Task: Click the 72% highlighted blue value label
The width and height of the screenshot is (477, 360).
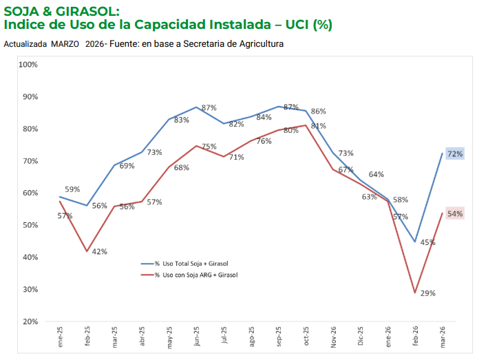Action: pyautogui.click(x=455, y=153)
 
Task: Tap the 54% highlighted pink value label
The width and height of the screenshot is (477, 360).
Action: pyautogui.click(x=455, y=213)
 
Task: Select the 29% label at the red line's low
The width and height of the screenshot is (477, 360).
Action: pyautogui.click(x=428, y=293)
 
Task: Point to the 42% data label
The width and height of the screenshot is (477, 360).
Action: pyautogui.click(x=100, y=252)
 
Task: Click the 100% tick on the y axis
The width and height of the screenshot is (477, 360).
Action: pyautogui.click(x=28, y=65)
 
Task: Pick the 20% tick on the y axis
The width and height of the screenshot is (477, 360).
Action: pyautogui.click(x=30, y=321)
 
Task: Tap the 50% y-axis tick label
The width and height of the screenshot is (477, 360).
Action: pyautogui.click(x=30, y=225)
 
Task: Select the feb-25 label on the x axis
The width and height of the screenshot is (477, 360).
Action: pyautogui.click(x=87, y=336)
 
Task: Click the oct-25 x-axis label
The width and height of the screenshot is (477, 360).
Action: pyautogui.click(x=306, y=336)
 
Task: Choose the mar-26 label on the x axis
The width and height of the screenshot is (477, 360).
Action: pyautogui.click(x=443, y=337)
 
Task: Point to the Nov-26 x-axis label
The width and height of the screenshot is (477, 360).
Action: pyautogui.click(x=333, y=337)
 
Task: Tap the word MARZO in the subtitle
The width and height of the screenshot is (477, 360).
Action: pyautogui.click(x=65, y=44)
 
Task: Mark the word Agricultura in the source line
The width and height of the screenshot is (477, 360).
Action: pyautogui.click(x=262, y=44)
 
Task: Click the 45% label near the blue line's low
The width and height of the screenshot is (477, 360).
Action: pyautogui.click(x=428, y=242)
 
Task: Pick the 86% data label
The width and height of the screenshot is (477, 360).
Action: pyautogui.click(x=319, y=112)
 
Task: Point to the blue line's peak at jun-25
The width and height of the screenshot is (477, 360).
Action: pyautogui.click(x=196, y=107)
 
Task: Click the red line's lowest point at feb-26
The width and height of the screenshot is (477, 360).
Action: pyautogui.click(x=414, y=293)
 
